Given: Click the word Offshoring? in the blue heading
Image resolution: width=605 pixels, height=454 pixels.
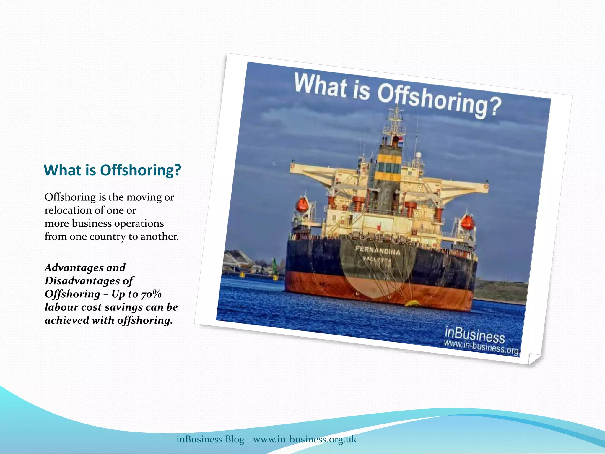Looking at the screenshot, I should coord(140,170).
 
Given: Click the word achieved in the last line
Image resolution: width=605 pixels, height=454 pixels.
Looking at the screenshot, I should coord(67,320).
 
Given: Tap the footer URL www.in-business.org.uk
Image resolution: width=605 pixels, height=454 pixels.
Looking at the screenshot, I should coord(305,439).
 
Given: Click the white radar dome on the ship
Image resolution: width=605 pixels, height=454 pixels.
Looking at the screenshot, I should coord(418,155).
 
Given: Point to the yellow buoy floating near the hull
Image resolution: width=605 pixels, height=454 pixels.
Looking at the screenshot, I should coord(412,303).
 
